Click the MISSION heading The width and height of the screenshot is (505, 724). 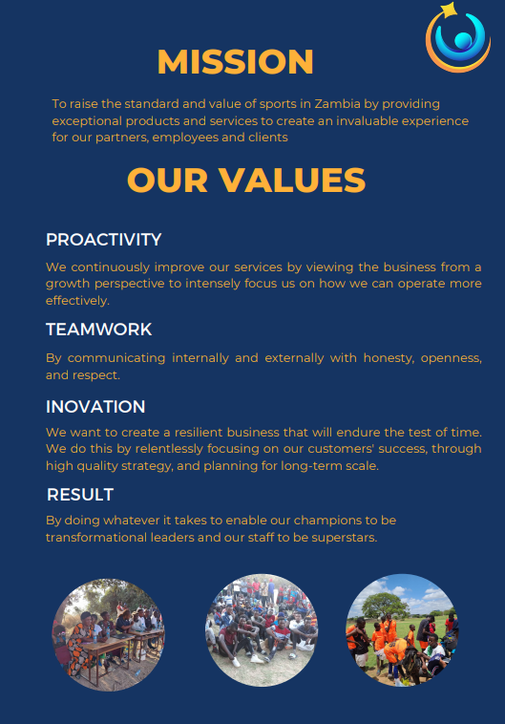[235, 62]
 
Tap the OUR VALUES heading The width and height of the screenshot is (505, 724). [245, 180]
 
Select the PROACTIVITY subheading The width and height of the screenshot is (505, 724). [103, 239]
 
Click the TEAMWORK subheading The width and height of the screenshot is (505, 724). [98, 330]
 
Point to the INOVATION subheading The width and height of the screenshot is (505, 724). [95, 407]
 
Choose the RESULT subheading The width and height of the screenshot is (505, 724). [80, 495]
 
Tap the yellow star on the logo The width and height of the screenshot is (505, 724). [447, 11]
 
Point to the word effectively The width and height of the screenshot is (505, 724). [77, 300]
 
